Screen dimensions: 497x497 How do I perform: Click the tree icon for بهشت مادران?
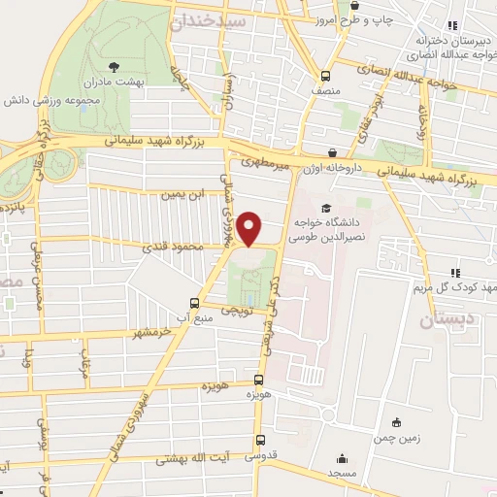tap(116, 67)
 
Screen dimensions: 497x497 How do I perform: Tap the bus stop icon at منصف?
tap(327, 75)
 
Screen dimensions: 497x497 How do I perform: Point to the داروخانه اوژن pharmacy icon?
tap(335, 152)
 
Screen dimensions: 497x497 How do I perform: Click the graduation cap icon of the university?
tap(327, 209)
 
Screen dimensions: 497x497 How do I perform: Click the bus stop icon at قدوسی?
tap(255, 438)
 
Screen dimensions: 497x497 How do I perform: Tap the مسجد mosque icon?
tap(341, 458)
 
